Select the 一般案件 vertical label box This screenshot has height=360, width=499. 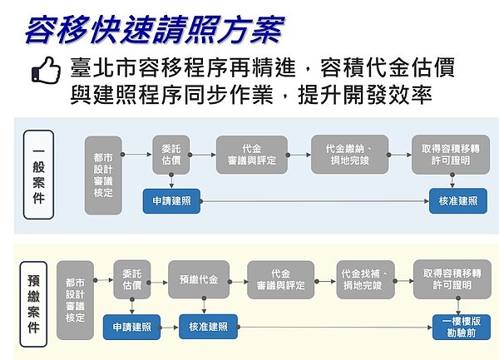[x=38, y=174]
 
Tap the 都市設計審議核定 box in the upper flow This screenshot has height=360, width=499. [x=104, y=175]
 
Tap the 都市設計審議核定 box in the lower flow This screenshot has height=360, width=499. [x=76, y=300]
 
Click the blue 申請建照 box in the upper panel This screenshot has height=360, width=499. [x=171, y=201]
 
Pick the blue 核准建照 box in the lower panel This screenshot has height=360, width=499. [x=209, y=327]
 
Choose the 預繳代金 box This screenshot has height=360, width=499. [x=199, y=279]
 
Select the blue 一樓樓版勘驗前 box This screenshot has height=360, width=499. [x=461, y=327]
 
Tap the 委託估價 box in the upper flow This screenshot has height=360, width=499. [x=171, y=155]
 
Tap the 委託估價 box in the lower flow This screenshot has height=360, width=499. [x=132, y=279]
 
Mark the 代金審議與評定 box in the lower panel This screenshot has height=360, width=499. [x=280, y=279]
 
